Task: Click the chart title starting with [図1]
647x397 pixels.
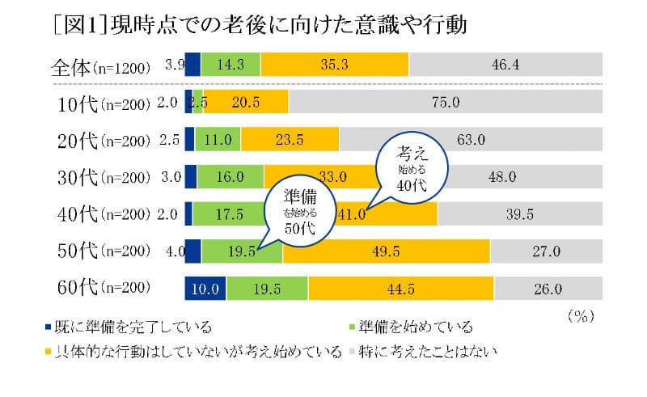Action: (258, 23)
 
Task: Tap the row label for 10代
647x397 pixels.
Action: (102, 103)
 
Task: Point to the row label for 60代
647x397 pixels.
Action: (102, 287)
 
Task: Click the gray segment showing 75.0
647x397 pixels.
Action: (445, 102)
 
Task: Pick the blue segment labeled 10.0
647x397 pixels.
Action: (205, 288)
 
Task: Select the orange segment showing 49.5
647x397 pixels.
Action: (386, 251)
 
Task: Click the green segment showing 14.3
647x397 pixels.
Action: (230, 65)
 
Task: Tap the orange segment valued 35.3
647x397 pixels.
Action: (335, 65)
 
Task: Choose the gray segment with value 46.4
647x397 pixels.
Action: (505, 65)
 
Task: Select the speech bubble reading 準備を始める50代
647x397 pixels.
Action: (299, 210)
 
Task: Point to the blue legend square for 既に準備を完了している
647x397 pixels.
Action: (48, 327)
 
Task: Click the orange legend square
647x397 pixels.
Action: (48, 352)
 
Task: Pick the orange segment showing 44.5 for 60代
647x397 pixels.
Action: (400, 288)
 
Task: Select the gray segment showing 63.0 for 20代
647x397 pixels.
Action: (471, 139)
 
